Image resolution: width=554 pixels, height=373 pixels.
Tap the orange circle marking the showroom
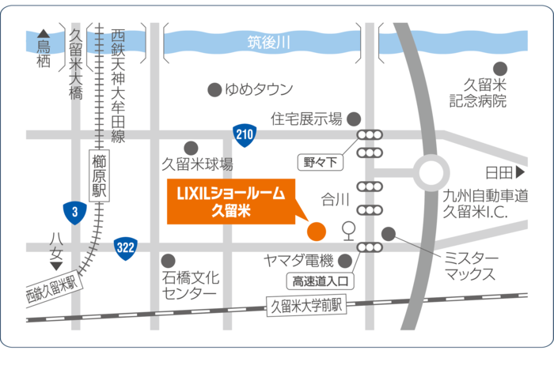click(316, 231)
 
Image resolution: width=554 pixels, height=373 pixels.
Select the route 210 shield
click(245, 134)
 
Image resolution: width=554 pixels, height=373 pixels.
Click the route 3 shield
click(74, 212)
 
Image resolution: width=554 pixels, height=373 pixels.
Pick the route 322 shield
click(125, 247)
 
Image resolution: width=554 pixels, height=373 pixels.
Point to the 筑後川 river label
click(269, 42)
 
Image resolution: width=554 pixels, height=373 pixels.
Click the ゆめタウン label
click(259, 89)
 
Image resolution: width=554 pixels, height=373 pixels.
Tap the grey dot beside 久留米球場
click(190, 147)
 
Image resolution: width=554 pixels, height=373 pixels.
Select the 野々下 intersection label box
click(321, 163)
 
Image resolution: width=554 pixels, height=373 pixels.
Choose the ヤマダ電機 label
click(298, 261)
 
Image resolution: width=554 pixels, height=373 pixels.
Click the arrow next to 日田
click(520, 171)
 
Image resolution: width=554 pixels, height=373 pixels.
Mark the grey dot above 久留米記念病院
click(499, 69)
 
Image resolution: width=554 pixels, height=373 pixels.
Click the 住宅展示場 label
click(306, 119)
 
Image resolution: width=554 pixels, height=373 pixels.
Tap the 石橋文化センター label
click(190, 285)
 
